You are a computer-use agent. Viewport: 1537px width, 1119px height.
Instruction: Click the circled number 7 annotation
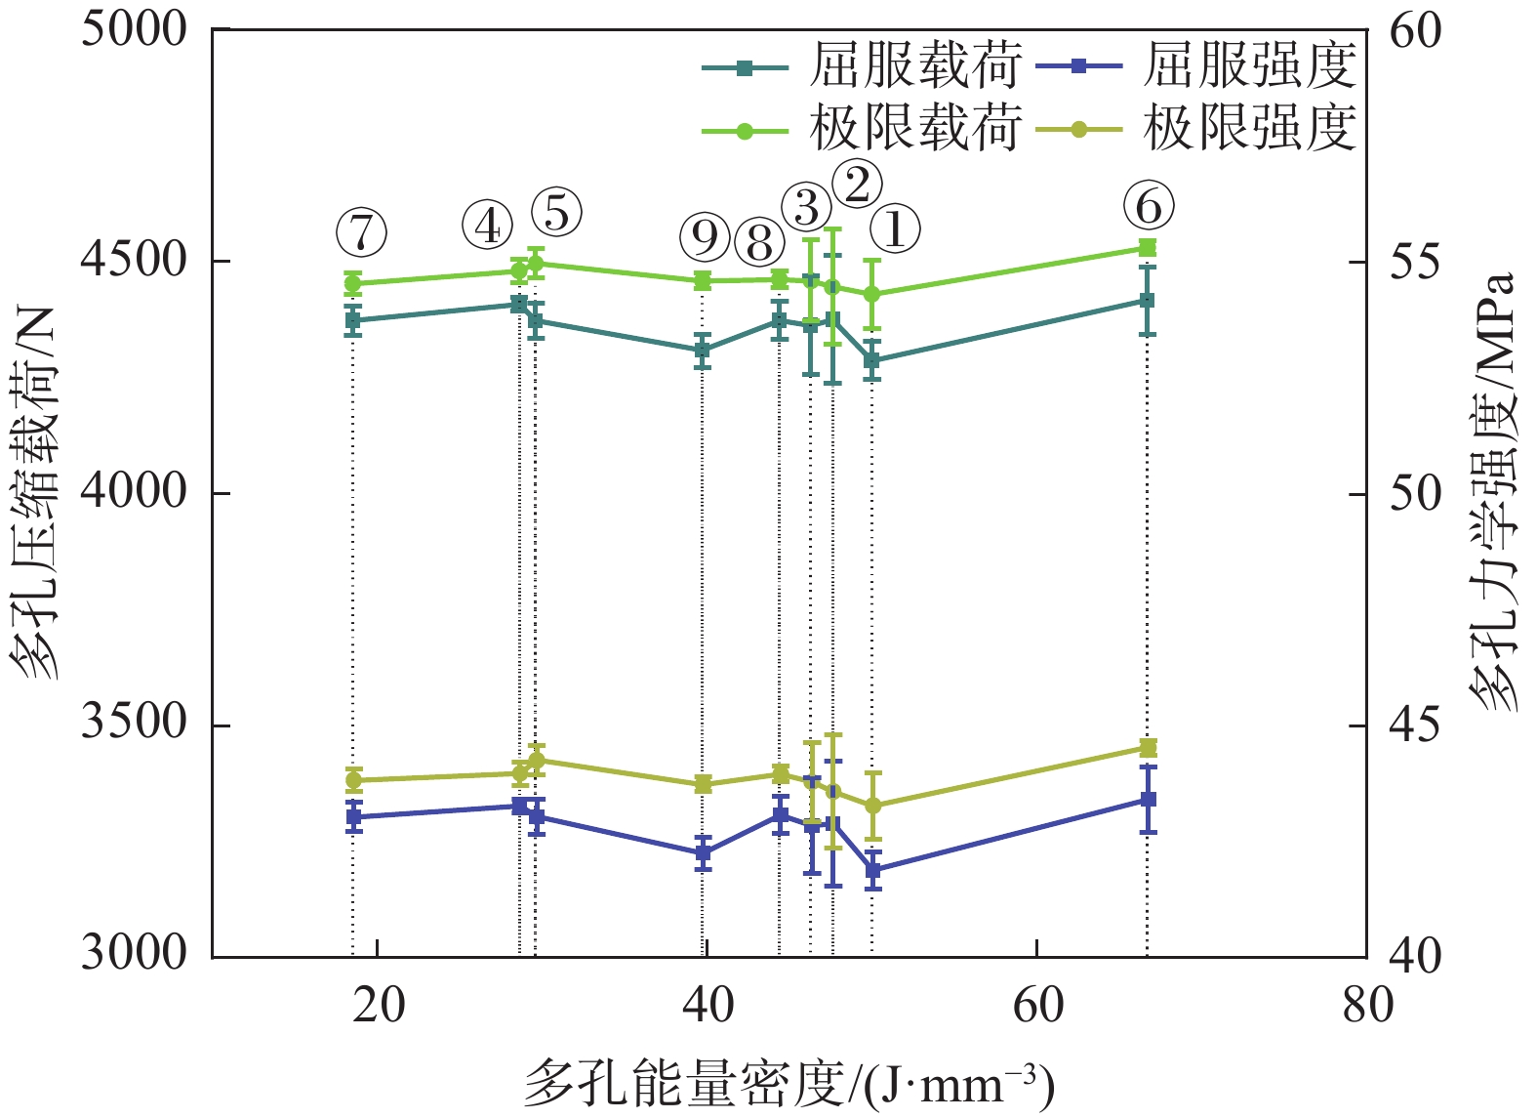[x=361, y=232]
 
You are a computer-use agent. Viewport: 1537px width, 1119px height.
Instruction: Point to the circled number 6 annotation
[x=1149, y=207]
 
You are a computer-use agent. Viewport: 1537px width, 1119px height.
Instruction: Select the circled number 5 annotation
[x=556, y=212]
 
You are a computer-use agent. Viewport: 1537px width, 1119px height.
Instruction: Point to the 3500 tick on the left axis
[x=134, y=725]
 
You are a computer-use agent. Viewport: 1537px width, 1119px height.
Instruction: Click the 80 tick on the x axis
[x=1367, y=1004]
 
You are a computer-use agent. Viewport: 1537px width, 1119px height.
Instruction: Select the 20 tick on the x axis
[x=378, y=1004]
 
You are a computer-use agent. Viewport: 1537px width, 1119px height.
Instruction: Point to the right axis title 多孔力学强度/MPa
[x=1493, y=493]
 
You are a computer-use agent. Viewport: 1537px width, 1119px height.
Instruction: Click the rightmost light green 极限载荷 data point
[x=1148, y=248]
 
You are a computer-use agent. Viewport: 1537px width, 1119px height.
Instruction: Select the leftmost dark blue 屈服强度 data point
[x=354, y=816]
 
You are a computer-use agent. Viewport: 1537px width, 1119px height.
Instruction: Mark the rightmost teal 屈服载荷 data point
[x=1148, y=301]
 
